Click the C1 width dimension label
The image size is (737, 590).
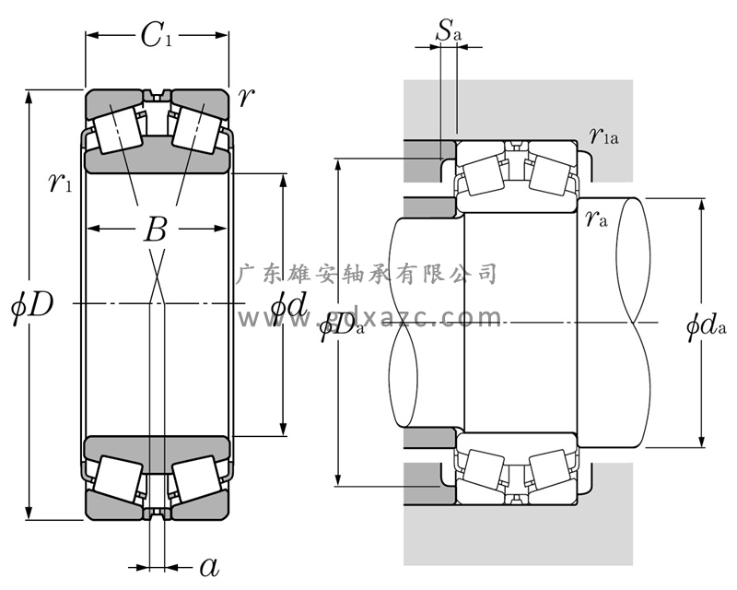click(x=156, y=37)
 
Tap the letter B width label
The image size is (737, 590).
click(x=156, y=230)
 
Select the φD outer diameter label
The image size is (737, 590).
click(x=32, y=304)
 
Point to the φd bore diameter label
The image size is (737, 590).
click(x=288, y=304)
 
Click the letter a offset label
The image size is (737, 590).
click(x=209, y=565)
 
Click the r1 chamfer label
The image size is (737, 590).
click(x=62, y=183)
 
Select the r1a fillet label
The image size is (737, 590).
click(x=603, y=137)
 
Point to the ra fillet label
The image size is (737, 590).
click(x=597, y=218)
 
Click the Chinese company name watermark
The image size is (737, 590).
click(x=368, y=273)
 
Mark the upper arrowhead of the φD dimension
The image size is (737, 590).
click(x=30, y=95)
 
